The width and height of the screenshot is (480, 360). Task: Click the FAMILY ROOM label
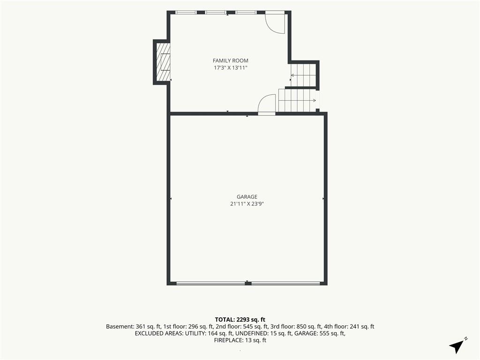point(231,60)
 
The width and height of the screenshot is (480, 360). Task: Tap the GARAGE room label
point(247,197)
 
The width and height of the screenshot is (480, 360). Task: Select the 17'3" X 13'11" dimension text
point(231,67)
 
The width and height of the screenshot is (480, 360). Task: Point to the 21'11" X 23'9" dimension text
point(247,204)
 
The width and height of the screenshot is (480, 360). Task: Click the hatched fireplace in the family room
point(163,62)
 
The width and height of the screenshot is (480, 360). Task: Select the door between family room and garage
point(267,105)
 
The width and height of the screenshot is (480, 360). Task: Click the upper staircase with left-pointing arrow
point(303,75)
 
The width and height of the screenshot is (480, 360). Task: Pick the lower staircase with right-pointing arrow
point(297,100)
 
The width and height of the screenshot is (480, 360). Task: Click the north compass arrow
point(457,345)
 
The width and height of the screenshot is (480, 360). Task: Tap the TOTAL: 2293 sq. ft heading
point(240,320)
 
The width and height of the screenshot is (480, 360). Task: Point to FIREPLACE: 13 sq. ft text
point(240,340)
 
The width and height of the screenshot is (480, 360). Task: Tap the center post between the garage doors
point(248,284)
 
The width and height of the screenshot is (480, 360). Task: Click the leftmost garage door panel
point(210,284)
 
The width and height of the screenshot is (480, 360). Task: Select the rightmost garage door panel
point(285,284)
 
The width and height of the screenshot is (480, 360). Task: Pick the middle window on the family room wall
point(216,13)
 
